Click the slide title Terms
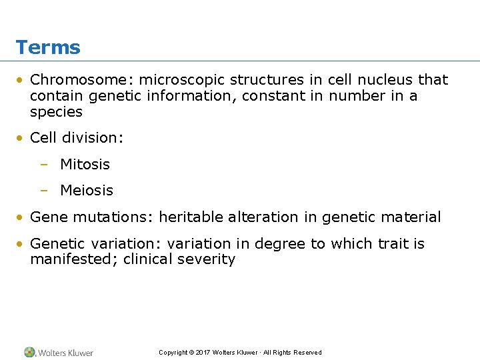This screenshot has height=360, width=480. point(48,48)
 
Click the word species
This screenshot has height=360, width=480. point(56,112)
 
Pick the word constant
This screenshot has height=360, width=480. point(273,96)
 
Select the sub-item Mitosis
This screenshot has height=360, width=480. point(85,164)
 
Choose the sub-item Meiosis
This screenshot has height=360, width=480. point(87,191)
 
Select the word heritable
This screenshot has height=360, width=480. point(191,217)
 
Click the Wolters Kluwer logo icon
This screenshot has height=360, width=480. point(30,352)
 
